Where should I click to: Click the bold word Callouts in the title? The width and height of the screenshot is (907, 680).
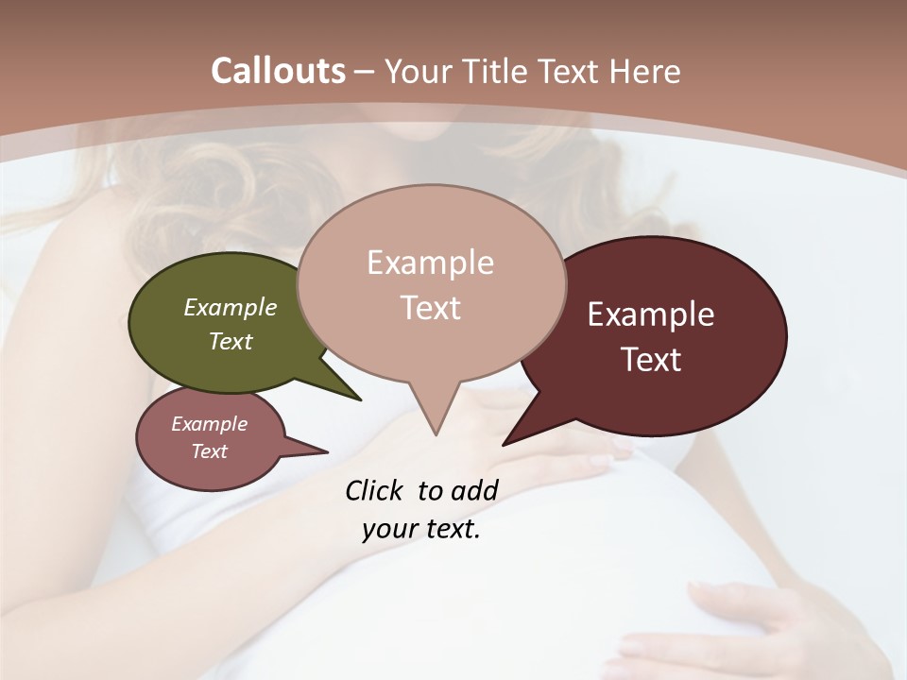(278, 71)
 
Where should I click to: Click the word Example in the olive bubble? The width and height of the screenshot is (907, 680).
(231, 308)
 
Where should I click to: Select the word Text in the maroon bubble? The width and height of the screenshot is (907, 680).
(652, 360)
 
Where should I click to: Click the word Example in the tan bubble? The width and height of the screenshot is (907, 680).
(430, 263)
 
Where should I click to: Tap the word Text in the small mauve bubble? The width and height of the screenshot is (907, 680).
(210, 451)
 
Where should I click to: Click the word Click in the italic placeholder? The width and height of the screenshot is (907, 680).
(374, 490)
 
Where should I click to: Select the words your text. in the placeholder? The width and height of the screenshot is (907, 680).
(421, 530)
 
